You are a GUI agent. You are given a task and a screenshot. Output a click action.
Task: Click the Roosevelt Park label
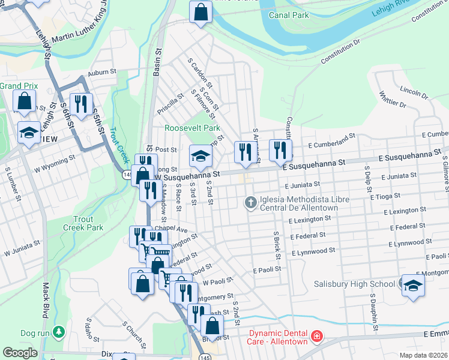pos(193,128)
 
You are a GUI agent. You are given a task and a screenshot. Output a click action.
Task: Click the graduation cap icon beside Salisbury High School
pos(413,286)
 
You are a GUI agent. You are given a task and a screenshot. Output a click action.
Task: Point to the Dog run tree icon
pos(59,332)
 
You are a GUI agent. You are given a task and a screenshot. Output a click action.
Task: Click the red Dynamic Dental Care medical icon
pos(316,337)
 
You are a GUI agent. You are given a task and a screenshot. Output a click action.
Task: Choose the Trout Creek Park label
pos(83,223)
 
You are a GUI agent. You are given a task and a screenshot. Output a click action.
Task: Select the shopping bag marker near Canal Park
pos(201,12)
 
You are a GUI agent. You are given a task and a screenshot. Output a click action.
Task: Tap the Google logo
pos(20,353)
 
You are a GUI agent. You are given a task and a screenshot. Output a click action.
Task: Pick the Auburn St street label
pos(101,72)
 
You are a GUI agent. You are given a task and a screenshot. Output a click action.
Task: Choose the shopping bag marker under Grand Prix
pos(25,103)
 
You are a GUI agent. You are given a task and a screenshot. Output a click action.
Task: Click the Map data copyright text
pos(423,355)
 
